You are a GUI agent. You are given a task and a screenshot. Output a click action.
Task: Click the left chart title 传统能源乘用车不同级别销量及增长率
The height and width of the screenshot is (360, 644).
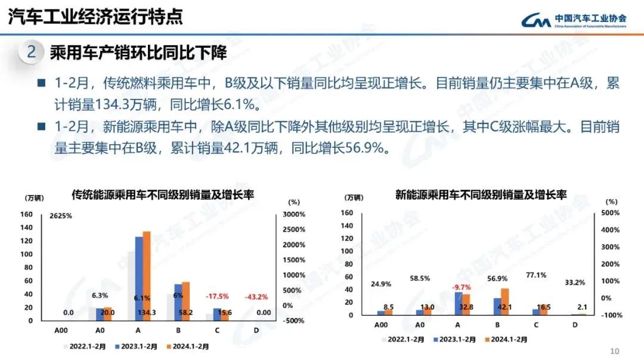pos(167,195)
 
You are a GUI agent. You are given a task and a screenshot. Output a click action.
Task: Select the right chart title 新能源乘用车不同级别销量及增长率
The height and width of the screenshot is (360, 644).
pos(481,194)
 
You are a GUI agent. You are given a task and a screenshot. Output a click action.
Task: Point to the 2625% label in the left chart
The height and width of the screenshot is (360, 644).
pos(61,216)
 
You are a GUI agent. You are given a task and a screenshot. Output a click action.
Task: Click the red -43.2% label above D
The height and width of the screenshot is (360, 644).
pos(256,297)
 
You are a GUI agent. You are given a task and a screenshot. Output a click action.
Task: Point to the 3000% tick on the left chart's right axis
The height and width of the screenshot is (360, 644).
pos(293,214)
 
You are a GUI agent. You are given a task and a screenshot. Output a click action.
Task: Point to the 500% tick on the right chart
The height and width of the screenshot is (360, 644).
pos(609,213)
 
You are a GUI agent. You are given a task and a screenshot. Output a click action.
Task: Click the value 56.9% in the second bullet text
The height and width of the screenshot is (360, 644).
pos(363,148)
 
